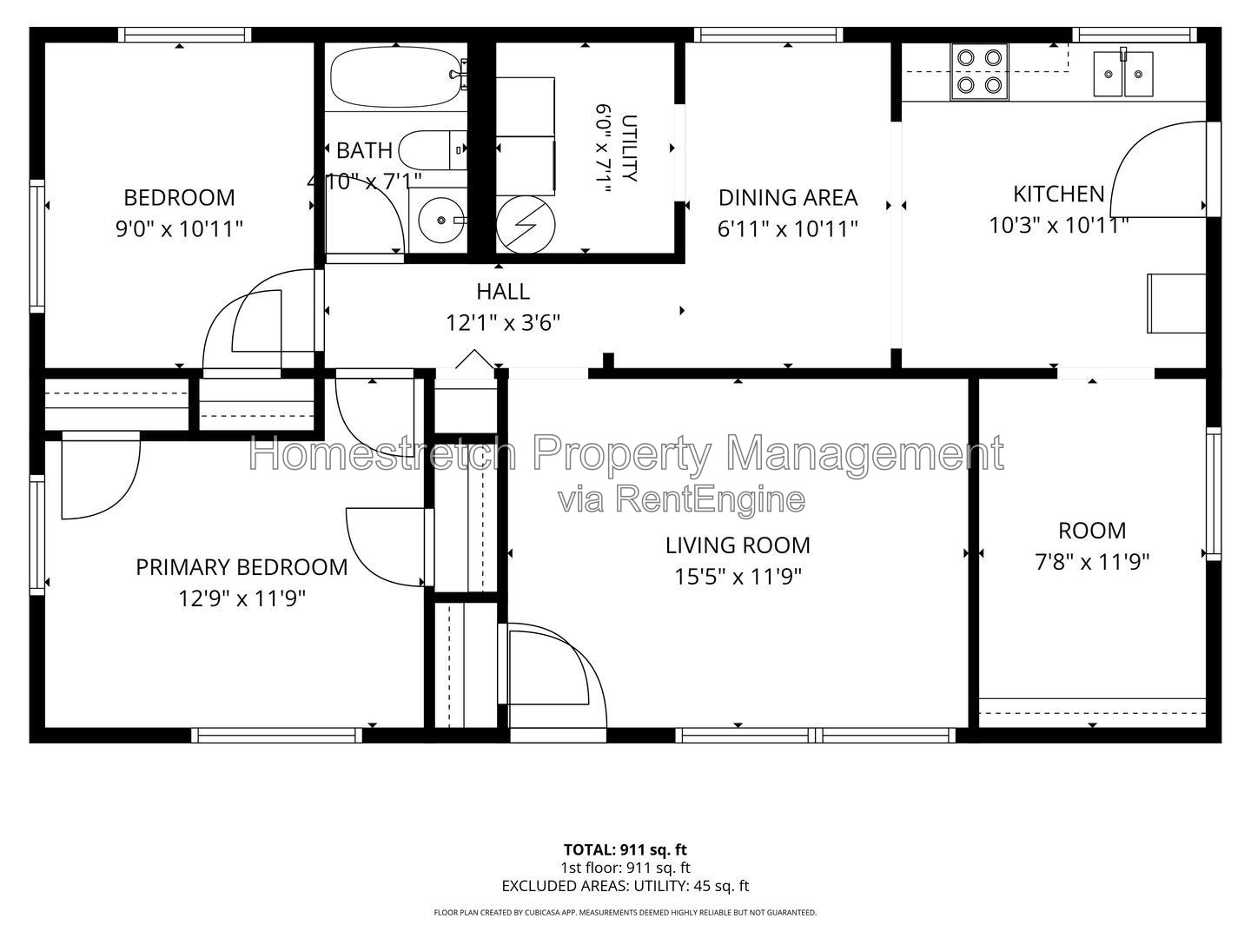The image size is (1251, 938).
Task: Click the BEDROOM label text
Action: (x=180, y=198)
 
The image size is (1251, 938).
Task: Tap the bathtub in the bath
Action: (x=397, y=76)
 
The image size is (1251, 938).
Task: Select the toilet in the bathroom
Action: (x=433, y=149)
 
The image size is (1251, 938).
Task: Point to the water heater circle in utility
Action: (x=525, y=225)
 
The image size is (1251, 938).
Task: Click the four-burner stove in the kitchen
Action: (x=979, y=72)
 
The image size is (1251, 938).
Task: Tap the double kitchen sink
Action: (x=1123, y=74)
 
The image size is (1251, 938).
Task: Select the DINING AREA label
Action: (x=788, y=198)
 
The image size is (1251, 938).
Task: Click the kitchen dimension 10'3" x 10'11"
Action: (x=1058, y=226)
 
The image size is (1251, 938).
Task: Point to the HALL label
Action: (x=503, y=292)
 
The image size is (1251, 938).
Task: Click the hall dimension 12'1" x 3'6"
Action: (x=503, y=323)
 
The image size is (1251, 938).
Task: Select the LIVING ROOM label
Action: (x=738, y=545)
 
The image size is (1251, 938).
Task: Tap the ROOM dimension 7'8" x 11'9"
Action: (x=1092, y=563)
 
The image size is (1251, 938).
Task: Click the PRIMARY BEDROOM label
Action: (x=242, y=567)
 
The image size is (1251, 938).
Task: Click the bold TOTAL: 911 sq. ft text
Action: (x=625, y=849)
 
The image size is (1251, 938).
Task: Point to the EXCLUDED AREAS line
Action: (x=625, y=886)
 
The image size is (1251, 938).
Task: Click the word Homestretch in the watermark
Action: (x=383, y=454)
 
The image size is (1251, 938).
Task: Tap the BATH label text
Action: (x=364, y=150)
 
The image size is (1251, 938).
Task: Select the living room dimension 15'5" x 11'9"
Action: (x=738, y=577)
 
